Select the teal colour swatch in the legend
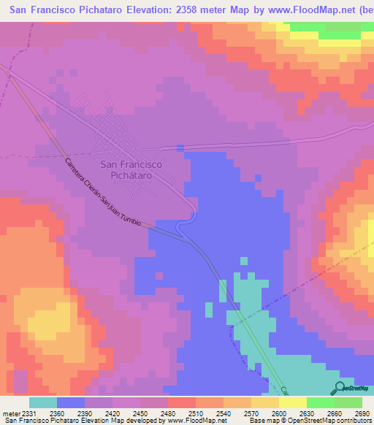[43, 402]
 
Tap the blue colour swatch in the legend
[71, 402]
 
